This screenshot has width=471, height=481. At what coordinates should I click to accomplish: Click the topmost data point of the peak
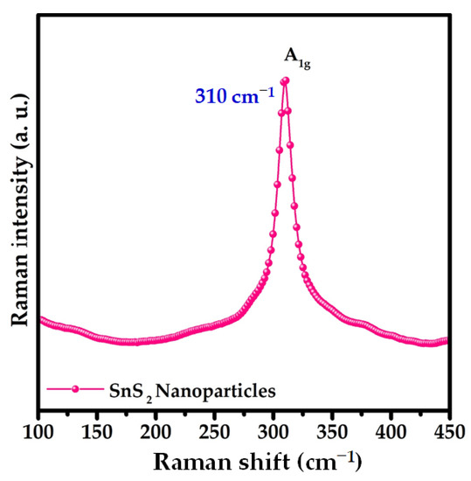284,81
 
